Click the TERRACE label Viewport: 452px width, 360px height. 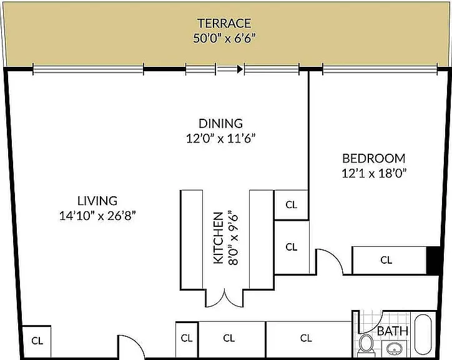click(224, 23)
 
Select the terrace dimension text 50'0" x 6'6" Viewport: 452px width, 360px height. click(224, 38)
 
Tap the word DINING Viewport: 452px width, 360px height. click(221, 124)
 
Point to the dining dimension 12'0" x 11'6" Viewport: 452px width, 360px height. click(221, 138)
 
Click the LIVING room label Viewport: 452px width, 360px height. click(97, 201)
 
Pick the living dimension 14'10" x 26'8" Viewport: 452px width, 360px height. click(97, 216)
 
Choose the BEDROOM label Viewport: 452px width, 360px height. click(374, 159)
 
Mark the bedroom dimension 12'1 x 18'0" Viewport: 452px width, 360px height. click(374, 173)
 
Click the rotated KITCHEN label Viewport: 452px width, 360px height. click(219, 238)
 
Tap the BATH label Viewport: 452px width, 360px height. click(393, 331)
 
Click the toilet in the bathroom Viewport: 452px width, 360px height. click(366, 345)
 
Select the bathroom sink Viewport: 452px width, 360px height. click(395, 349)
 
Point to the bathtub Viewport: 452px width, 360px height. click(423, 334)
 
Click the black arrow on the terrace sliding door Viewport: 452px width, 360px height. click(240, 69)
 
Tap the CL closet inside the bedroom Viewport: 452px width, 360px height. click(386, 260)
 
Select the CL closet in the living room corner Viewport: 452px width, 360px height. click(37, 341)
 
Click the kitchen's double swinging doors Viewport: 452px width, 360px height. click(225, 297)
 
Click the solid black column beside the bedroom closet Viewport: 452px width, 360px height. click(433, 260)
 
